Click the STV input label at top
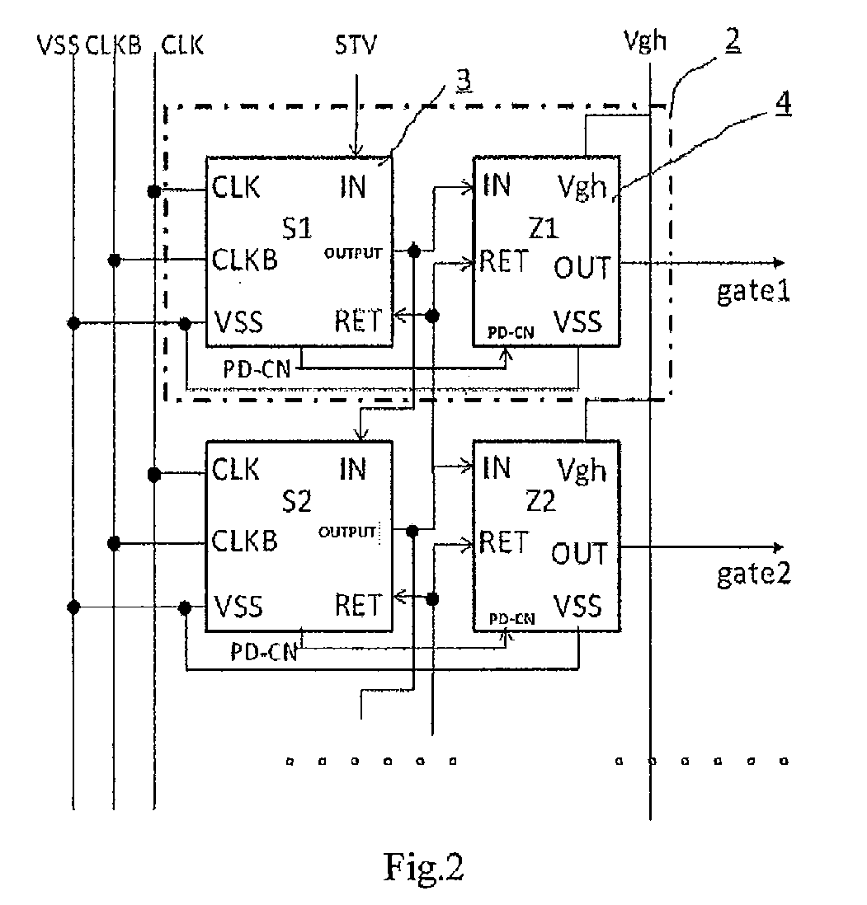click(356, 45)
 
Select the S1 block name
click(297, 228)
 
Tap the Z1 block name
click(544, 228)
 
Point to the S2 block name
click(297, 501)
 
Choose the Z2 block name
click(541, 500)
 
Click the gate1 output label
click(753, 291)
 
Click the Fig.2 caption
click(423, 867)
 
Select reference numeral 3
click(464, 80)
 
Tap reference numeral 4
click(783, 104)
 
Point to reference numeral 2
click(733, 40)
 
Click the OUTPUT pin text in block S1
click(353, 253)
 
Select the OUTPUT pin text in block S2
click(347, 532)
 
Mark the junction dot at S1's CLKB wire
click(115, 260)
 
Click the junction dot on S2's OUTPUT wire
click(412, 531)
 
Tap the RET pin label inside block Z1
click(504, 261)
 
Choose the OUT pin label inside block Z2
click(579, 554)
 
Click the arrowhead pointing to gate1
click(780, 263)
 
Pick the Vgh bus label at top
click(644, 41)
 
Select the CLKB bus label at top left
click(113, 45)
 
